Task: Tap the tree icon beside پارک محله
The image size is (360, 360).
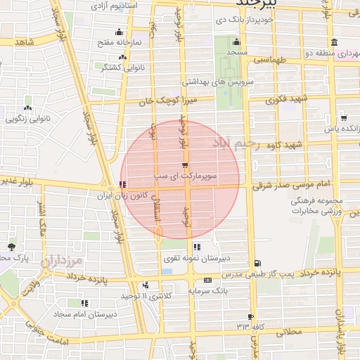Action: coord(11,247)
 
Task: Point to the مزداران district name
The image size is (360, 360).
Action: coord(63,262)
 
